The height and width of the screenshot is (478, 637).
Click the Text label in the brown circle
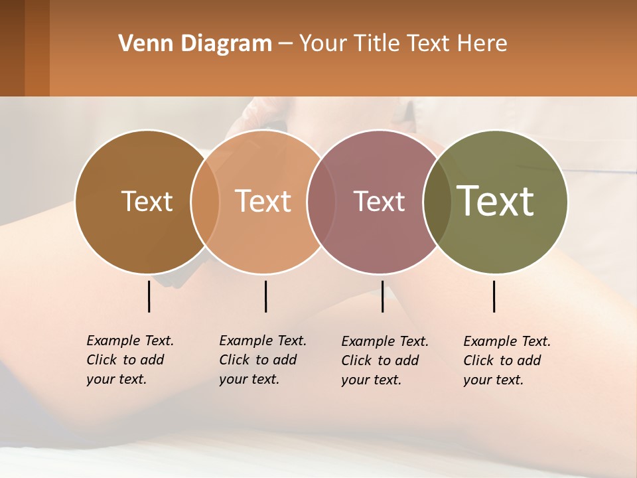(147, 202)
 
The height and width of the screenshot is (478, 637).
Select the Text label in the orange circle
(263, 202)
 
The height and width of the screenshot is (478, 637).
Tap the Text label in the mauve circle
(379, 202)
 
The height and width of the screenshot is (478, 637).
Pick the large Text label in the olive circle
(496, 201)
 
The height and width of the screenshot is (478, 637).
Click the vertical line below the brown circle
(149, 296)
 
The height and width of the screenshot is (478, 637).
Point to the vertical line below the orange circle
(265, 296)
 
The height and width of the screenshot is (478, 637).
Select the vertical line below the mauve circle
(382, 296)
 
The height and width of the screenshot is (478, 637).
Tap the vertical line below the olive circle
(494, 296)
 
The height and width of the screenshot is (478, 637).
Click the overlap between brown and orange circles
(205, 202)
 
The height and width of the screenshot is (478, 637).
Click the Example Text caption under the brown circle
(130, 360)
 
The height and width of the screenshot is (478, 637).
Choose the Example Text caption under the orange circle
(263, 360)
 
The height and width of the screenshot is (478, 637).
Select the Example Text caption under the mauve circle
(385, 360)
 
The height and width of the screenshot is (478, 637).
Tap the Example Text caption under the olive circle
(507, 360)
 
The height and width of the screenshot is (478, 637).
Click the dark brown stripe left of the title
(13, 48)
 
